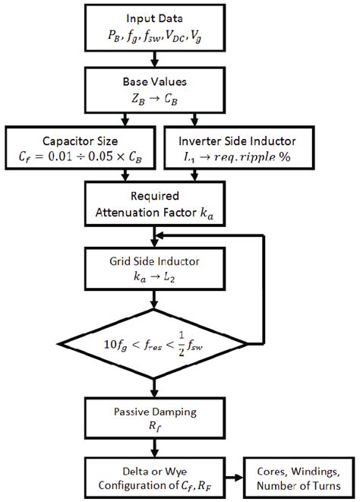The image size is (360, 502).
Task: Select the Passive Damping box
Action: (x=155, y=417)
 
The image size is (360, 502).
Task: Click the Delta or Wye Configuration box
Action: (x=155, y=478)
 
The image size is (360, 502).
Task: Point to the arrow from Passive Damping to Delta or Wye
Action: (x=155, y=447)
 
